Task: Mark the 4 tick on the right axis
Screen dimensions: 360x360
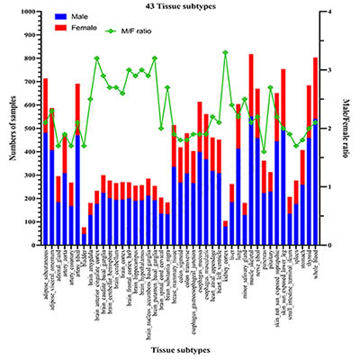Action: tap(332, 13)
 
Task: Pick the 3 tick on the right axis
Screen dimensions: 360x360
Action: tap(332, 70)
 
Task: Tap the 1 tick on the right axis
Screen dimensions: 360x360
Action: tap(332, 187)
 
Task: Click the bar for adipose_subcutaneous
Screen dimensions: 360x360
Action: tap(46, 171)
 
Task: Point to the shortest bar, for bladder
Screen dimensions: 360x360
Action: tap(85, 237)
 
